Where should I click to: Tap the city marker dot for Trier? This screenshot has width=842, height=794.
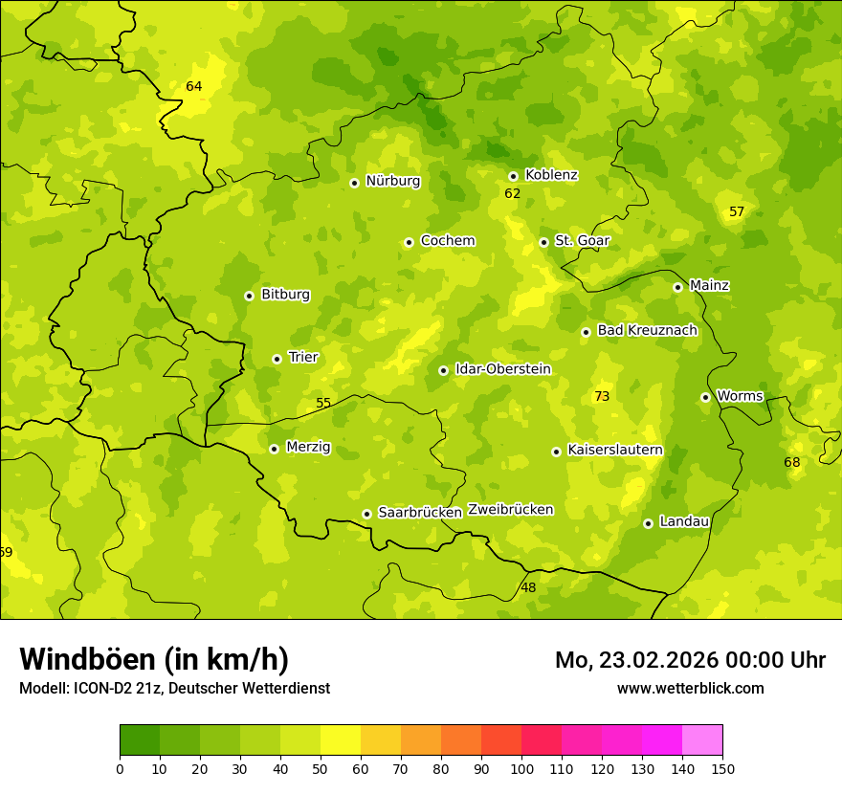click(277, 359)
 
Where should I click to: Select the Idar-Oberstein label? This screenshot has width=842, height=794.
click(503, 368)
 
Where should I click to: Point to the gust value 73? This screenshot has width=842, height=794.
click(602, 396)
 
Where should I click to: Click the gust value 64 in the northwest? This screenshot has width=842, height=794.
click(194, 86)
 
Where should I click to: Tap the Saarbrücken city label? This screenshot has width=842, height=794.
click(420, 513)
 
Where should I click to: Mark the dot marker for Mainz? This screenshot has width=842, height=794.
click(677, 287)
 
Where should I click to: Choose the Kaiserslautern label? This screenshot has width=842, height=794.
click(615, 450)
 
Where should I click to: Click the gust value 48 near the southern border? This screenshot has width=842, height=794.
click(528, 587)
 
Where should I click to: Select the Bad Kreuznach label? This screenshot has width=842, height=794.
click(647, 330)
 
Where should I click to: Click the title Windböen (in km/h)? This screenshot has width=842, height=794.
click(154, 659)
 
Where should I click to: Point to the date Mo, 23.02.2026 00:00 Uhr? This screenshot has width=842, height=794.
click(690, 660)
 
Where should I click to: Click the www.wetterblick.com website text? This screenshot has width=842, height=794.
click(690, 688)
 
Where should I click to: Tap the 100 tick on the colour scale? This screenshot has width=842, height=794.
click(521, 768)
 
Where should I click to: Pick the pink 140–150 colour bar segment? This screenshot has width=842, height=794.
click(702, 739)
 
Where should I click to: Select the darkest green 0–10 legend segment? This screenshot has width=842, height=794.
click(140, 739)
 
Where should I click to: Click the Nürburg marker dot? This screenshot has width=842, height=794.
click(354, 183)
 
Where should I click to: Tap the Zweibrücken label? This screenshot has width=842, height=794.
click(510, 510)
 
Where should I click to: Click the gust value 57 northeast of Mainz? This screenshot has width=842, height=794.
click(737, 211)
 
